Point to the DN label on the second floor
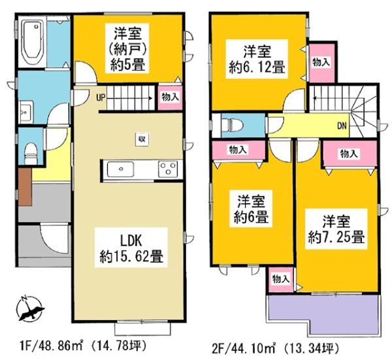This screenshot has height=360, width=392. click(x=341, y=126)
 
